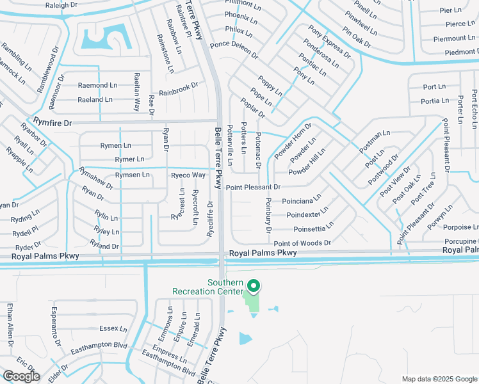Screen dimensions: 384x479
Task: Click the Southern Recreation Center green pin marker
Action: point(253,286)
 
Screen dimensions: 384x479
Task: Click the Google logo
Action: point(20,376)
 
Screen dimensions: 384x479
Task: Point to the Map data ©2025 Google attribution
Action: point(439,379)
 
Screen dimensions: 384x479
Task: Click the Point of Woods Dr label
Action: point(302,243)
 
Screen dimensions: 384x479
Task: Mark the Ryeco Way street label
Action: point(188,175)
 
